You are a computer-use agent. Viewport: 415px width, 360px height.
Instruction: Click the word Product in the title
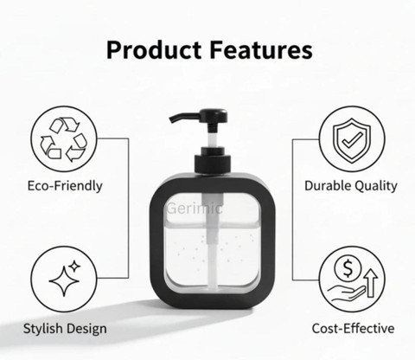point(154,50)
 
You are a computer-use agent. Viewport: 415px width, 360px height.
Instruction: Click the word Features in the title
point(261,50)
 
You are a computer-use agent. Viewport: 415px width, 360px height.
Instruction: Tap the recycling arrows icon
point(64,139)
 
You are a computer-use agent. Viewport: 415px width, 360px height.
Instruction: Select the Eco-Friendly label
point(65,186)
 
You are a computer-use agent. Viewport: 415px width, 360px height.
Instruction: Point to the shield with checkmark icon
point(352,140)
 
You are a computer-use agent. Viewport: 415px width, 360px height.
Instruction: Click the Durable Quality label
point(351,186)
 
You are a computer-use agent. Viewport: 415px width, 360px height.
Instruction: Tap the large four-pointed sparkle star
point(64,280)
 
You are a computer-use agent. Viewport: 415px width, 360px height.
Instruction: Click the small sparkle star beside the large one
point(75,266)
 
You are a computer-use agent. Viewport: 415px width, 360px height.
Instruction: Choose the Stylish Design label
point(65,329)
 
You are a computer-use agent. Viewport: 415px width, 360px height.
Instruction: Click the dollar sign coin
point(348,268)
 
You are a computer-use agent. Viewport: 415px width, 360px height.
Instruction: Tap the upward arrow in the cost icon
point(370,283)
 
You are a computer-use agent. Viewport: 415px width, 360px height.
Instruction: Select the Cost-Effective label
point(353,328)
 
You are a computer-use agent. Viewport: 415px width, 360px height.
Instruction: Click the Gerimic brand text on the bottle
point(195,209)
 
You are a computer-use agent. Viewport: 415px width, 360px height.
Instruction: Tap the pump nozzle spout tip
point(172,119)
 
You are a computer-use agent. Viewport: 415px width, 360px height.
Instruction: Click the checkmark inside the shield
point(352,140)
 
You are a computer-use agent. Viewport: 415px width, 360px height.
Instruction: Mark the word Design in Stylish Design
point(86,329)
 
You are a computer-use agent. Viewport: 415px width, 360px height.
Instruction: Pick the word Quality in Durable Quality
point(376,186)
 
